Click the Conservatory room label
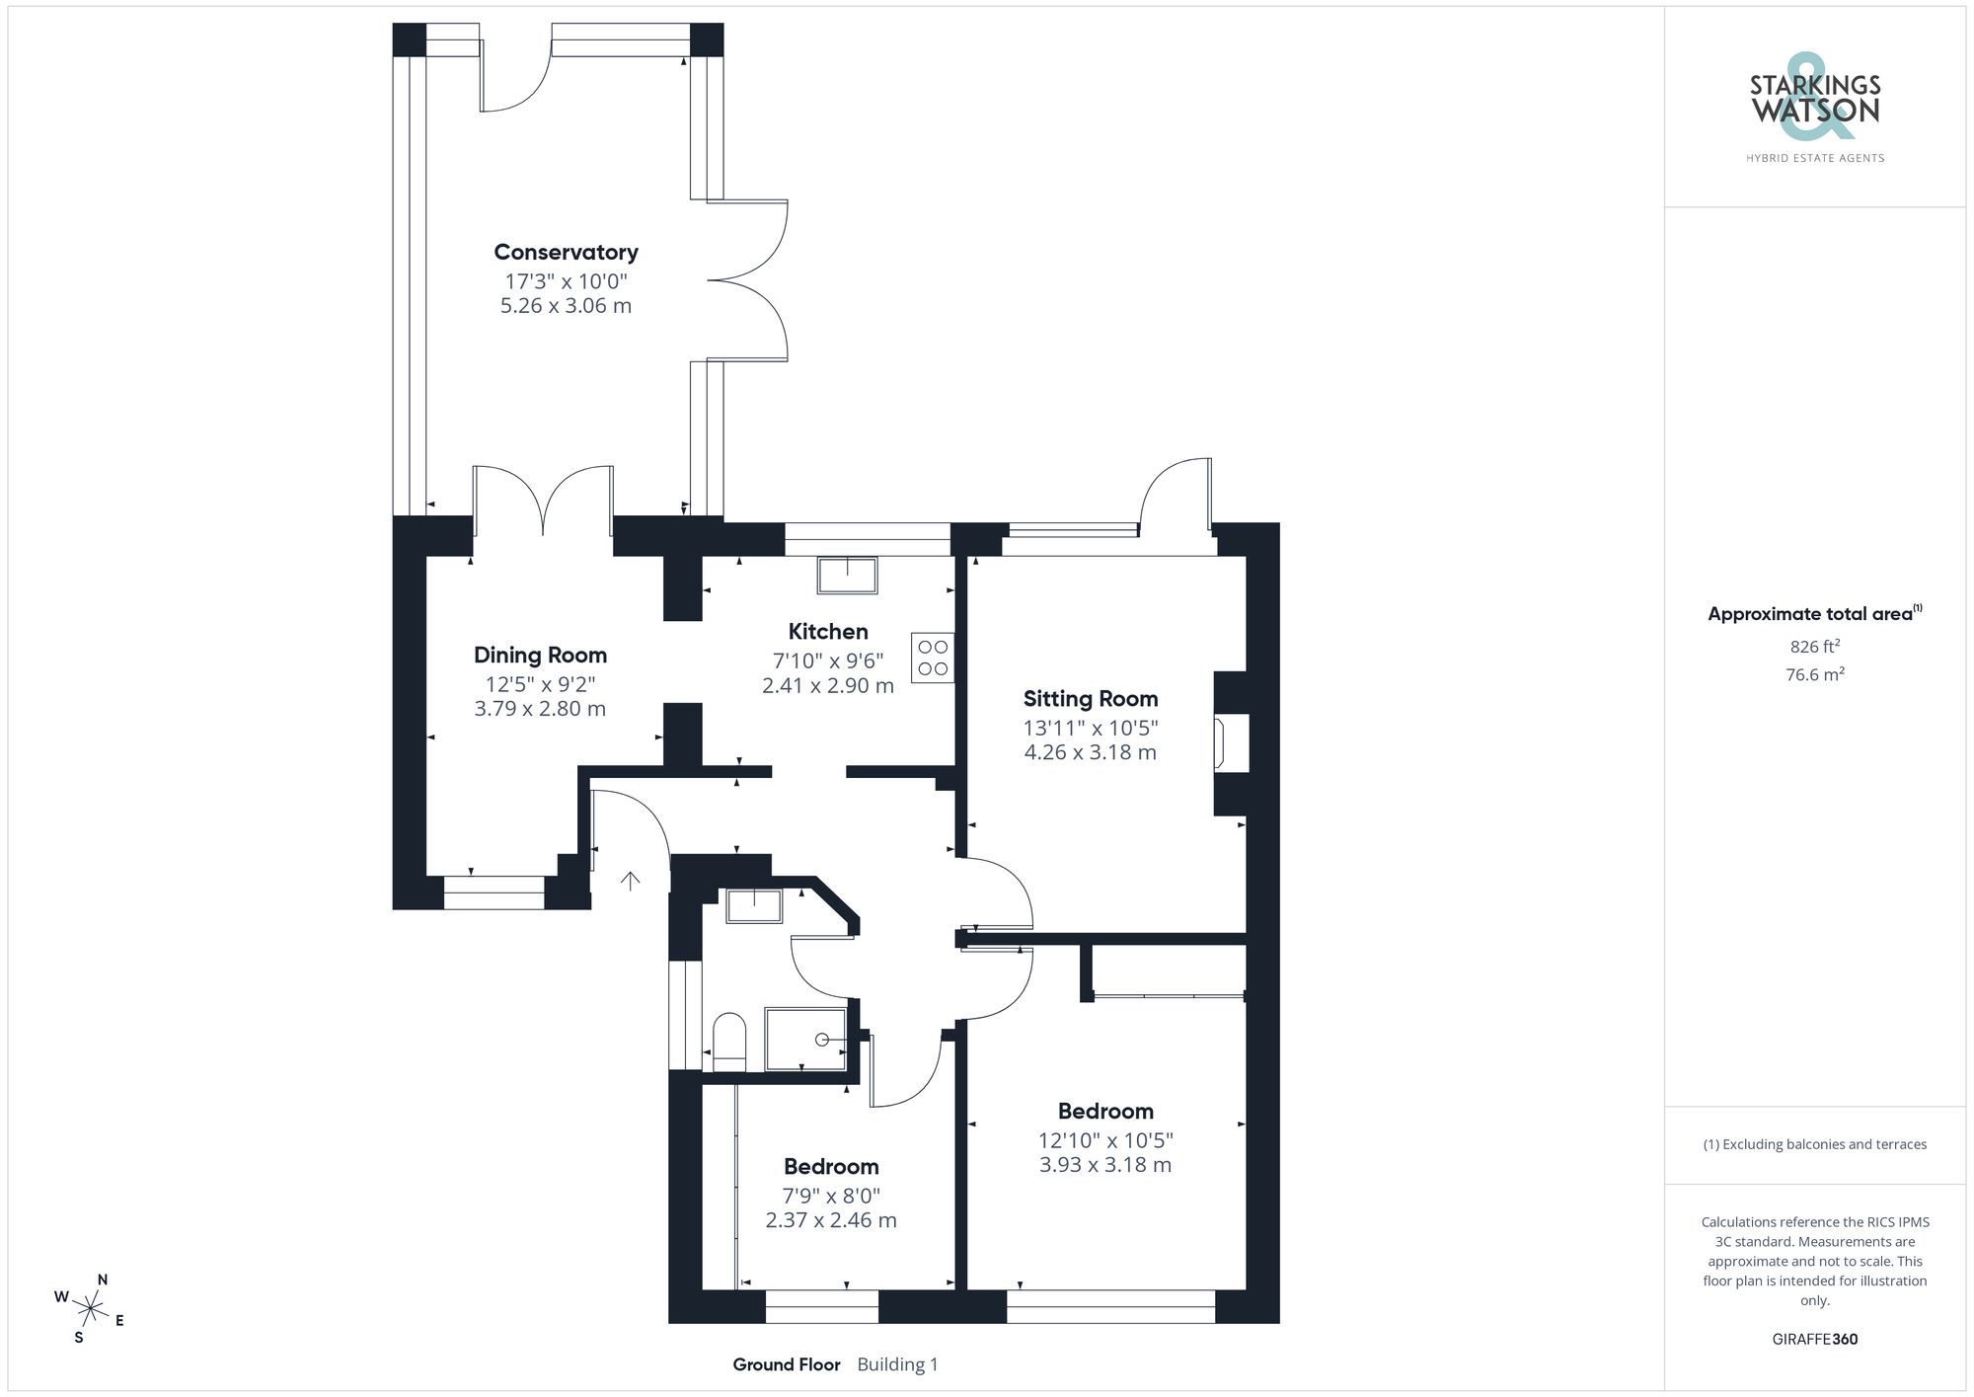click(566, 253)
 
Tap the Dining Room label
click(540, 656)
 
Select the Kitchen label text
click(827, 632)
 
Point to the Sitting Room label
click(1090, 699)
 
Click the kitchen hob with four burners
click(933, 659)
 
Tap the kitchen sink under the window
click(847, 575)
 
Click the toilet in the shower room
click(729, 1041)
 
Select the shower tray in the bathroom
click(806, 1039)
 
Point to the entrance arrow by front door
click(630, 880)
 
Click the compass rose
click(90, 1309)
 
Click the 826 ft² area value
click(1814, 647)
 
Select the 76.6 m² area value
click(1814, 675)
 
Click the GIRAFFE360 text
click(1814, 1339)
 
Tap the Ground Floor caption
click(786, 1364)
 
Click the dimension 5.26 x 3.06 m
click(566, 306)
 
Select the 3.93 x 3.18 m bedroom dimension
click(1104, 1165)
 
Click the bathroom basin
click(754, 905)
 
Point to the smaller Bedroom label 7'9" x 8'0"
click(831, 1167)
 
